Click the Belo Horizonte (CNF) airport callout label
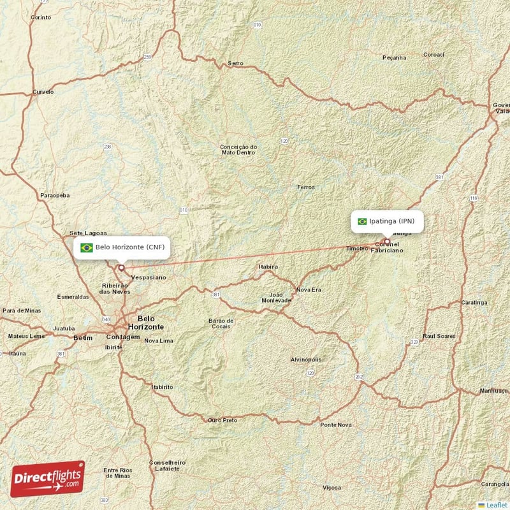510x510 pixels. point(122,247)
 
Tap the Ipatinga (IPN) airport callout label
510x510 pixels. point(387,221)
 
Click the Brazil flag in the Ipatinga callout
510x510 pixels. point(362,221)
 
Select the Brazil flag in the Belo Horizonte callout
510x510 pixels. point(86,247)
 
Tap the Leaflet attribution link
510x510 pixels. point(496,504)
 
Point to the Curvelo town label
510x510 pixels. point(43,92)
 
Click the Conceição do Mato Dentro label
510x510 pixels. point(238,149)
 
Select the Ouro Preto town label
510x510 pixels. point(222,420)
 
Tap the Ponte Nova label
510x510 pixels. point(335,425)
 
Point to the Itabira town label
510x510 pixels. point(267,266)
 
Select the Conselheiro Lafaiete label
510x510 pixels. point(167,465)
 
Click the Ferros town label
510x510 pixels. point(305,187)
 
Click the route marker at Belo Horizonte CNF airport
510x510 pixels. point(121,268)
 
